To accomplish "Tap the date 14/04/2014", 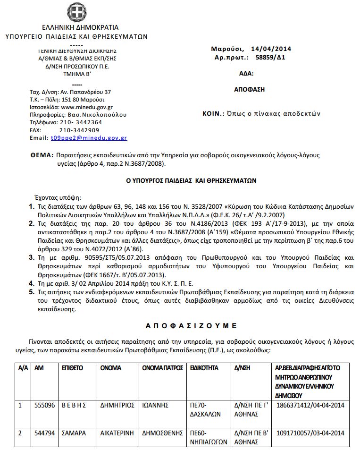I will click(x=271, y=49).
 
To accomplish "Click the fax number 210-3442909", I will click(x=79, y=130).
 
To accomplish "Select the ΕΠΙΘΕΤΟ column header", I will click(x=72, y=368).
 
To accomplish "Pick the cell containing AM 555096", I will click(x=45, y=405).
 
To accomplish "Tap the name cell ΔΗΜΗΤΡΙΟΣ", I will click(x=117, y=405).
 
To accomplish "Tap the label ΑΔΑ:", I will click(x=247, y=73).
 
